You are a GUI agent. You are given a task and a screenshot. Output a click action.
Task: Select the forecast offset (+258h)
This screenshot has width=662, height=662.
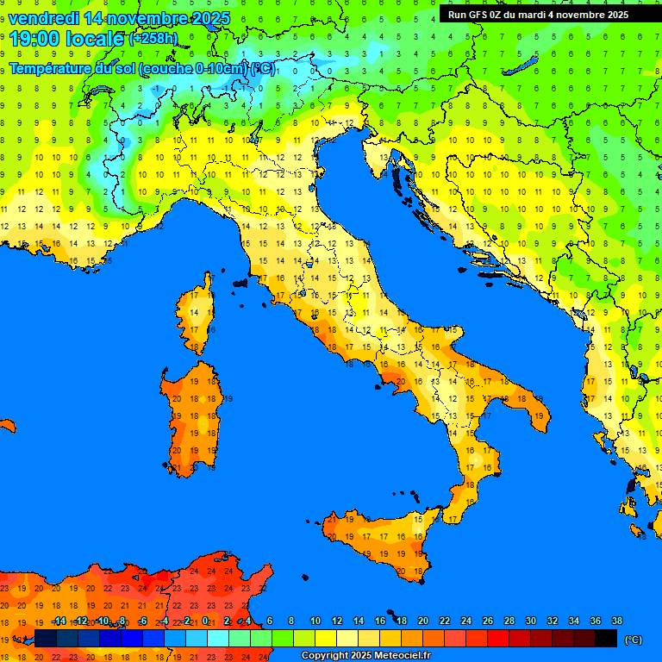tap(153, 39)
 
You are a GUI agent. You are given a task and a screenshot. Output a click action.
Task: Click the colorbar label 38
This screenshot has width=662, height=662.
tap(617, 621)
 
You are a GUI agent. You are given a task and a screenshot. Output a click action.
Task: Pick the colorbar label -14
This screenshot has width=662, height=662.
tap(59, 621)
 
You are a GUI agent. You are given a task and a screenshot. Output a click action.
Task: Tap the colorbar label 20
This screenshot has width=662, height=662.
tap(423, 621)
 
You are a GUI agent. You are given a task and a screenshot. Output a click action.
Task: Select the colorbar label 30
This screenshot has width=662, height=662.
tap(531, 621)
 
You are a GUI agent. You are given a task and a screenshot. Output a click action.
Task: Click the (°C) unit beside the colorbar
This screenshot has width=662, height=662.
tap(634, 640)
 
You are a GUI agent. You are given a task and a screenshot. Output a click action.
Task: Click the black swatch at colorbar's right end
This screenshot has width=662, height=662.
tap(607, 639)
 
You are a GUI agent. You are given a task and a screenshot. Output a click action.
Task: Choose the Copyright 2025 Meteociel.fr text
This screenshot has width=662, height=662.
tap(365, 656)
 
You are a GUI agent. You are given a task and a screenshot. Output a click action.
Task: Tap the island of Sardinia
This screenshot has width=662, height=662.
tap(194, 418)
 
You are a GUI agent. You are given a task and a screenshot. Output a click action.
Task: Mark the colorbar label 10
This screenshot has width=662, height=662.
tap(315, 621)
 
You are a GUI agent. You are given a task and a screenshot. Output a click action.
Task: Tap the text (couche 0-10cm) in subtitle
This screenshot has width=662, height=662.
tap(195, 69)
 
